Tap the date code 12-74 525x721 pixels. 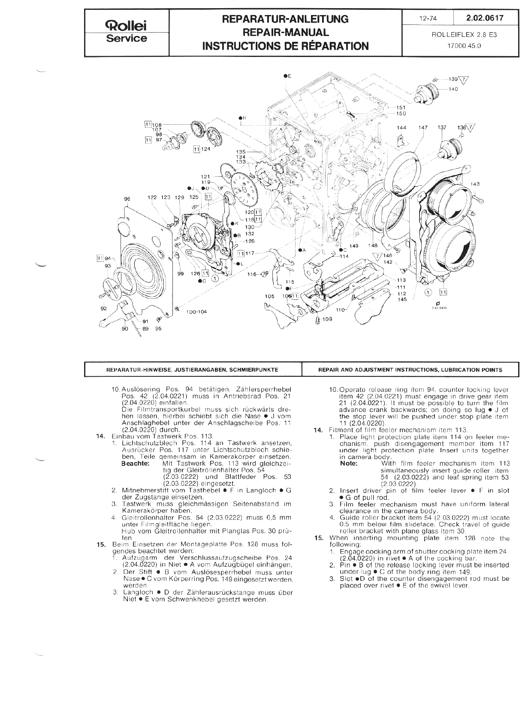(x=427, y=18)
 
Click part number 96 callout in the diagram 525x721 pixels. (x=127, y=199)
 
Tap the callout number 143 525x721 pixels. (x=475, y=184)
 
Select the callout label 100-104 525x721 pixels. (x=196, y=312)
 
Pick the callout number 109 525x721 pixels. (x=327, y=319)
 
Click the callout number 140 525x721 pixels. (x=453, y=89)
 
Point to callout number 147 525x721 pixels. (x=423, y=128)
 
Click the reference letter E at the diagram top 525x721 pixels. (x=289, y=76)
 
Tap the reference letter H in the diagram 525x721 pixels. (x=244, y=118)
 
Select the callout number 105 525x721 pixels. (x=269, y=296)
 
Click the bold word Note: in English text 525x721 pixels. (x=349, y=463)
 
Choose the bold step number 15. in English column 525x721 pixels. (x=318, y=538)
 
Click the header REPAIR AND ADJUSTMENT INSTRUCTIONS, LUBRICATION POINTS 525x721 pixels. (x=410, y=370)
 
